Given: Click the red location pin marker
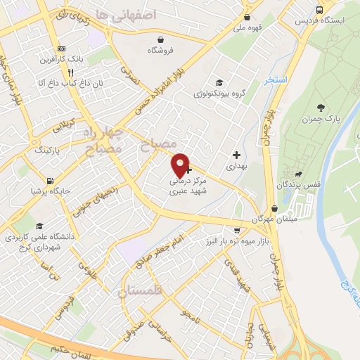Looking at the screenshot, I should coord(181,165).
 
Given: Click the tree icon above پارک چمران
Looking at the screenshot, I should coord(321,108).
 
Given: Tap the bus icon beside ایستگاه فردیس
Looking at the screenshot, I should coord(320,10).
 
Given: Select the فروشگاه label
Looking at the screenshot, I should coord(161,51).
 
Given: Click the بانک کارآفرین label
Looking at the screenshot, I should coord(70,59).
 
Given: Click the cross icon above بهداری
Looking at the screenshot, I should coord(236,155).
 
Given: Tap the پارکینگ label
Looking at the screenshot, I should coord(49,150).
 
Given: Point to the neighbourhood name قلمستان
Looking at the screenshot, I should coord(140,290).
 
